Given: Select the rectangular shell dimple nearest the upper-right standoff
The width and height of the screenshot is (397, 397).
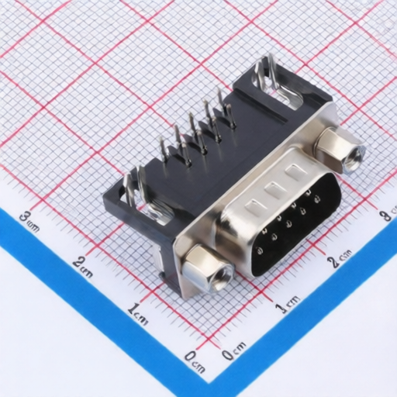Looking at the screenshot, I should (293, 175).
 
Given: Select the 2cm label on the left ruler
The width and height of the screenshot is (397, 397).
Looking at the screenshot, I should (82, 266).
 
